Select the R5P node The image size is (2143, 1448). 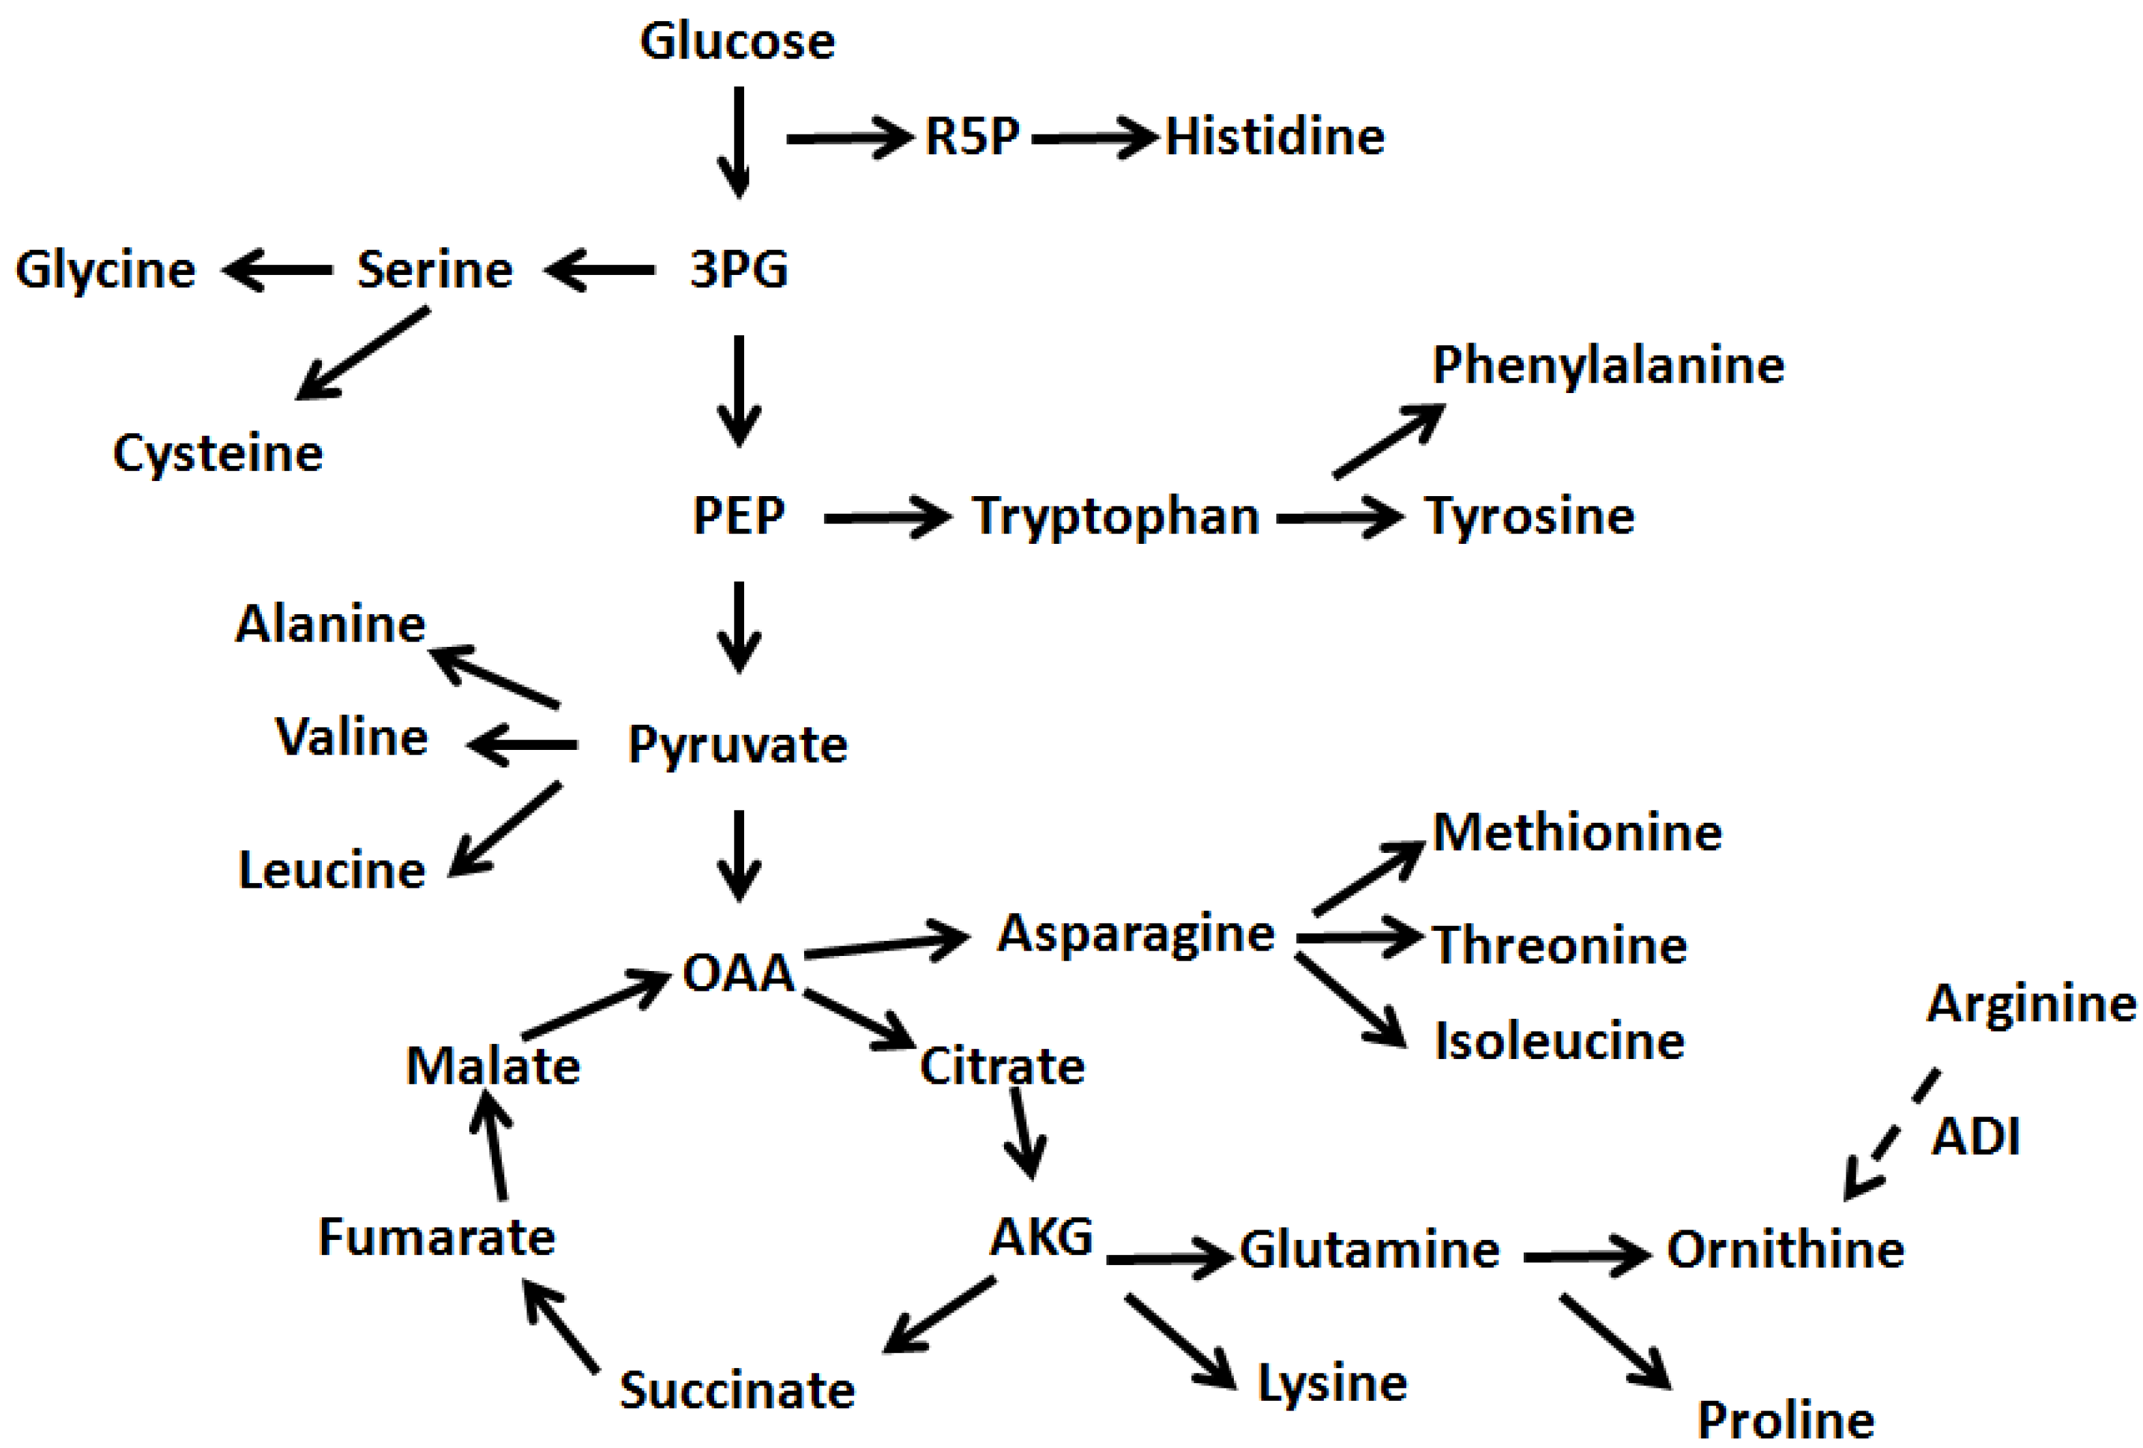[972, 136]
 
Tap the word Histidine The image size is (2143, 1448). [1274, 136]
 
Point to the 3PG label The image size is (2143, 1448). [739, 270]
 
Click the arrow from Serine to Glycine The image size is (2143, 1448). [278, 270]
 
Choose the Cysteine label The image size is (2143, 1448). [218, 453]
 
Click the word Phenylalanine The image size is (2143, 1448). [1607, 365]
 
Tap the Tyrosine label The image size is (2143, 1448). [1529, 516]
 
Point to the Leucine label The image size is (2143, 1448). [332, 870]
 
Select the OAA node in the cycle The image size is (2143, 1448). [738, 973]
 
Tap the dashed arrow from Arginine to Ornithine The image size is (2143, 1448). [1891, 1135]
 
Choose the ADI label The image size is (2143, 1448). [1975, 1136]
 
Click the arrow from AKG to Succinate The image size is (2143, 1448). [939, 1315]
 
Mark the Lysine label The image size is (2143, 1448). [1333, 1383]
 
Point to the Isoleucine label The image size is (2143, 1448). [1559, 1041]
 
